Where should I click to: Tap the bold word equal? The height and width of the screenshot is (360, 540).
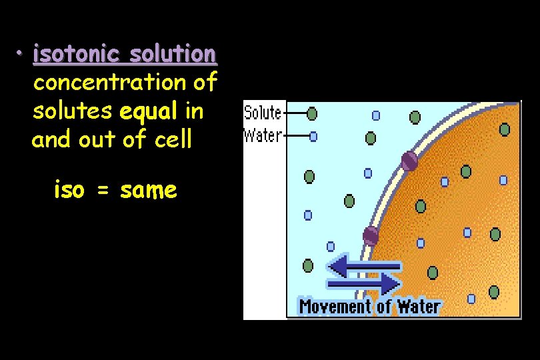[148, 111]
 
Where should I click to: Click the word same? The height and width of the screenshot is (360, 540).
[149, 191]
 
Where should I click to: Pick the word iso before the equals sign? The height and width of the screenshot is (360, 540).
[69, 191]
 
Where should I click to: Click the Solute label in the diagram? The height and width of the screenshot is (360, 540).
[263, 113]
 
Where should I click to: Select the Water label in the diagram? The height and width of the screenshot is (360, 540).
[263, 135]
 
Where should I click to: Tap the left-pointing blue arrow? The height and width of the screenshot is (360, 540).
[364, 267]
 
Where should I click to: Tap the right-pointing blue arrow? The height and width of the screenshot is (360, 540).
[364, 284]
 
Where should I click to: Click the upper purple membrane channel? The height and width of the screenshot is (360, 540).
[409, 161]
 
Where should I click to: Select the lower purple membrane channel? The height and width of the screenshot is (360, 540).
[371, 235]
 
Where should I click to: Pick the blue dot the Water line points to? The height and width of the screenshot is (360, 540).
[313, 136]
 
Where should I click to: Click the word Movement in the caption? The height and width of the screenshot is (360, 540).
[335, 307]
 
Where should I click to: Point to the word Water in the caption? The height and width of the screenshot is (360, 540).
[419, 307]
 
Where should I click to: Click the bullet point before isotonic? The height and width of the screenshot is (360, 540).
[21, 53]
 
